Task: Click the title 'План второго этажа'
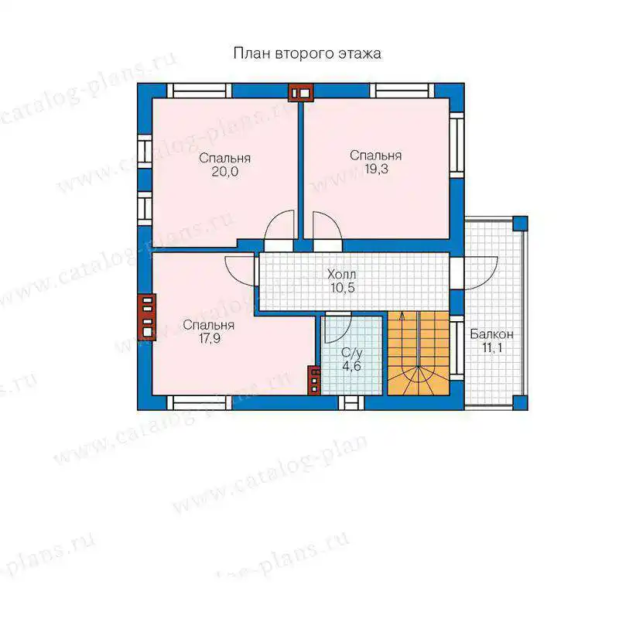tap(307, 53)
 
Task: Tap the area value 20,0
tap(225, 172)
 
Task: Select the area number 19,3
tap(376, 169)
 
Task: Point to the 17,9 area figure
tap(210, 339)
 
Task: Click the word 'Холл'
tap(342, 274)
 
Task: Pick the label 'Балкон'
tap(492, 334)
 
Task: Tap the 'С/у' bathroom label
tap(352, 353)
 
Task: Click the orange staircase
tap(419, 353)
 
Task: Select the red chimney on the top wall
tap(301, 93)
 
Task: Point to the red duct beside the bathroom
tap(314, 380)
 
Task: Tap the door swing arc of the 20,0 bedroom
tap(279, 227)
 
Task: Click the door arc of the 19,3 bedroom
tap(328, 226)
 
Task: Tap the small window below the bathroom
tap(351, 403)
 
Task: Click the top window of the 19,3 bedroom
tap(402, 91)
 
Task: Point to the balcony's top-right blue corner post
tap(520, 224)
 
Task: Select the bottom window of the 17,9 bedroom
tap(200, 403)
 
